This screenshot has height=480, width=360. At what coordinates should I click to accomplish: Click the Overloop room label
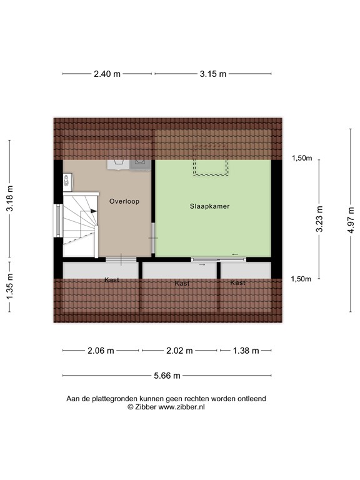point(124,202)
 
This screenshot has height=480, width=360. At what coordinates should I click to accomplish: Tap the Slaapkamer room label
point(206,205)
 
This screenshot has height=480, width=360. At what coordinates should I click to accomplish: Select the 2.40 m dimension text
point(107,74)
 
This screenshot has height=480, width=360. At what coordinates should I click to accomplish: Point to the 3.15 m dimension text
point(213,74)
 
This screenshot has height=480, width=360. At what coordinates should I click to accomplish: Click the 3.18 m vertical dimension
point(9,198)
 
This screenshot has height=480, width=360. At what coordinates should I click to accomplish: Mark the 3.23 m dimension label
point(319,219)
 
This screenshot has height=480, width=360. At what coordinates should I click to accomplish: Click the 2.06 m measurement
point(102,351)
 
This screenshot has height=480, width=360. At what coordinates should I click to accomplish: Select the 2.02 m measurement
point(179,351)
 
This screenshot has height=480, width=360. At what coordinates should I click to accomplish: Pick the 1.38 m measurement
point(245,351)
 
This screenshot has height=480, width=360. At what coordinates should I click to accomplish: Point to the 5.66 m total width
point(167,376)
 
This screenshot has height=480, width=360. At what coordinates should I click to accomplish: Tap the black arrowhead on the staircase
point(94,212)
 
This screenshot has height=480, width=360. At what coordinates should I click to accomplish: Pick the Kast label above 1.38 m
point(237,283)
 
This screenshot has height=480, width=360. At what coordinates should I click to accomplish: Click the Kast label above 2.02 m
point(182,284)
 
